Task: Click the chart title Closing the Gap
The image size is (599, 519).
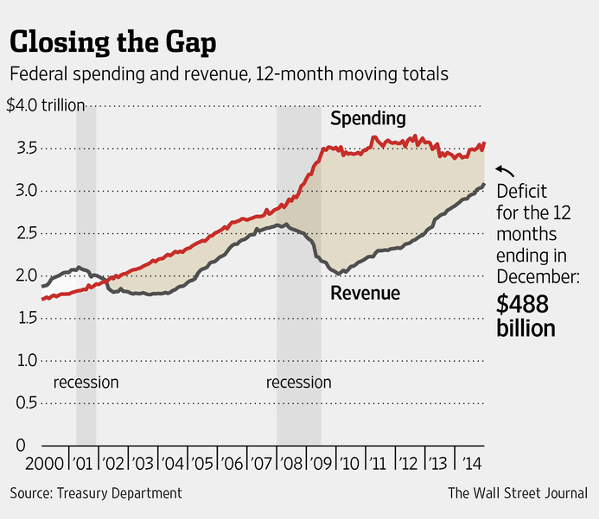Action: [x=114, y=41]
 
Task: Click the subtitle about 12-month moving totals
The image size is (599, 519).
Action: [x=229, y=74]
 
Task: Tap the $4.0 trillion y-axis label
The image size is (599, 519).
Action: [x=45, y=106]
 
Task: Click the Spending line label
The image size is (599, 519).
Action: [x=367, y=117]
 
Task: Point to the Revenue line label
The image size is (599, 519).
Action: [x=366, y=294]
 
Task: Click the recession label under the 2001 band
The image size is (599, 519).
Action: [x=86, y=382]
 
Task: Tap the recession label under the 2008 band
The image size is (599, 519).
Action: [x=299, y=382]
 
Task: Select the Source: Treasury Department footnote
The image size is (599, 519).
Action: [x=96, y=493]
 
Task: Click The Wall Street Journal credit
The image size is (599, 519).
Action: [x=517, y=493]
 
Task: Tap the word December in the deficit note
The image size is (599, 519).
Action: [x=537, y=276]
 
